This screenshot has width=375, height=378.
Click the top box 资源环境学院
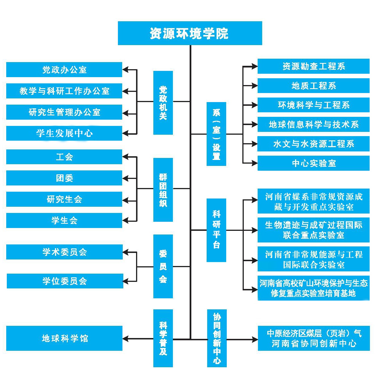[190, 33]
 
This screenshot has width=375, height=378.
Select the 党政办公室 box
[64, 70]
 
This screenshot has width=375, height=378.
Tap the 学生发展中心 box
[64, 133]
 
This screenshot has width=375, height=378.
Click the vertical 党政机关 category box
[163, 103]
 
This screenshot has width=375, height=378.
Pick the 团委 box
[64, 178]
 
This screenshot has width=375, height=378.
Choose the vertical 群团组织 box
[163, 190]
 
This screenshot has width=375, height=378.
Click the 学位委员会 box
[65, 281]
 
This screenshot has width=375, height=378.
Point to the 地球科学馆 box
[64, 338]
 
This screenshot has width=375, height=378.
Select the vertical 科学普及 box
[163, 338]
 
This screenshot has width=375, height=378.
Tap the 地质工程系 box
[313, 86]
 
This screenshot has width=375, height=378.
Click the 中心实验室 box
[313, 163]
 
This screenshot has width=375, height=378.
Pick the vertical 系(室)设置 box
[216, 134]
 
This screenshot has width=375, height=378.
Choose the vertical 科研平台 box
[216, 230]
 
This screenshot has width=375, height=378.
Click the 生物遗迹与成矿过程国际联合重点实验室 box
[313, 230]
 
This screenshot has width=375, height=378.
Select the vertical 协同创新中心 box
[217, 338]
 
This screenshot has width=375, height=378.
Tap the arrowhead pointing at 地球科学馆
[126, 339]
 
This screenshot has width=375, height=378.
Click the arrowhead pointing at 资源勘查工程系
[254, 66]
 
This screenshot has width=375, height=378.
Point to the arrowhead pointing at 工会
[126, 157]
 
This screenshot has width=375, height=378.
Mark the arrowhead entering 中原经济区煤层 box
[255, 339]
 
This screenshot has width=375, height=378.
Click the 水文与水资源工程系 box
[313, 144]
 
